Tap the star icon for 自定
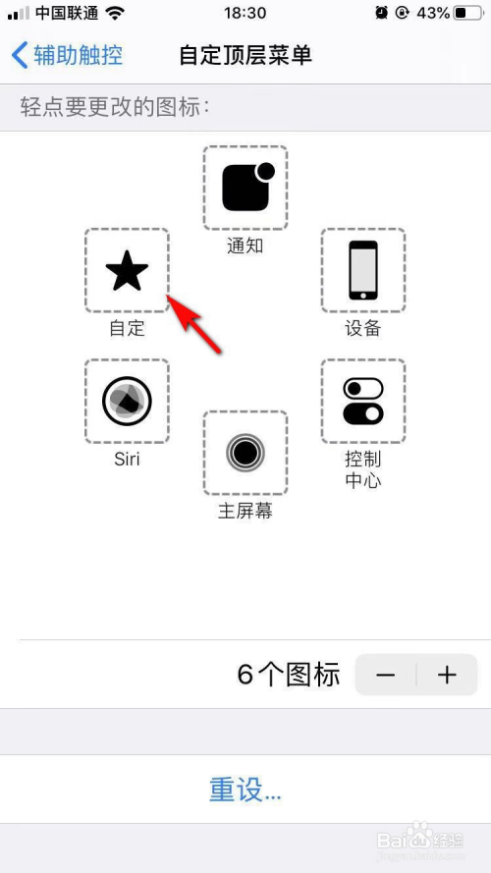127,271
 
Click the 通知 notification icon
245,187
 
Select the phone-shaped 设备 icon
363,270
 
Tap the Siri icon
127,401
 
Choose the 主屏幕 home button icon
245,453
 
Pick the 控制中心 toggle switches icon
363,401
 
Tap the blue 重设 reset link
245,790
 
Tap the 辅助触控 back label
79,54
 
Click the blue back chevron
20,54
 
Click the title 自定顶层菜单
245,54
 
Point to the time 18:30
245,13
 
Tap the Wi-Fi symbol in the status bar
116,13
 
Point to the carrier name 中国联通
67,13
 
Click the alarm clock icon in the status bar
381,13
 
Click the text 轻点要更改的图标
116,107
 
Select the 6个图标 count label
289,675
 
